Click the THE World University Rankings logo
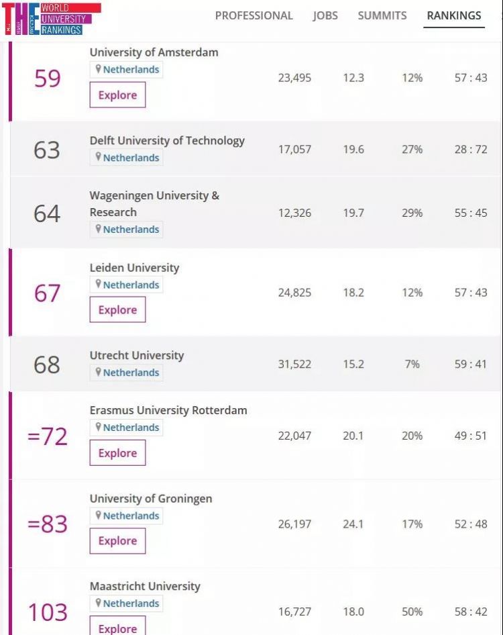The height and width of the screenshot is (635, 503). (x=51, y=19)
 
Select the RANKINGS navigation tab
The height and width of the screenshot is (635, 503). (x=454, y=15)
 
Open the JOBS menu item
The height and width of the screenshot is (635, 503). (x=325, y=15)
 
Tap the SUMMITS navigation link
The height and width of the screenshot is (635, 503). (x=382, y=15)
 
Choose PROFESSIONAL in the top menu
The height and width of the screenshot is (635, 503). (x=254, y=15)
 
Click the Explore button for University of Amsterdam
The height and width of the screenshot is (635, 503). (x=117, y=95)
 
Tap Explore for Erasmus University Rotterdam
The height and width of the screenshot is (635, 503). (x=117, y=453)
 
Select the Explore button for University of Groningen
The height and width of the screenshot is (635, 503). (x=117, y=541)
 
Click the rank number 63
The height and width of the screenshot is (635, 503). (x=47, y=150)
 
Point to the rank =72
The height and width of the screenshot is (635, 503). (x=47, y=436)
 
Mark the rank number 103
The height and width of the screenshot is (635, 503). (x=47, y=612)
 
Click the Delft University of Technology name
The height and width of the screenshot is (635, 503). (x=167, y=140)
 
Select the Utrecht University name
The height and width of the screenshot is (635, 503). (x=137, y=355)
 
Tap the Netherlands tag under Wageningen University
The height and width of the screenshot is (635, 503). (x=127, y=230)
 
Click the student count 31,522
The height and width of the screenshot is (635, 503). (x=294, y=364)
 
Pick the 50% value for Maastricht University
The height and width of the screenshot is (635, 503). (x=412, y=612)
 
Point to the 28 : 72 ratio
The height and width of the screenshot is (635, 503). (x=471, y=149)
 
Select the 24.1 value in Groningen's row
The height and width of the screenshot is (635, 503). (x=353, y=524)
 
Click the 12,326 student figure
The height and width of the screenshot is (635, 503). (x=294, y=213)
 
